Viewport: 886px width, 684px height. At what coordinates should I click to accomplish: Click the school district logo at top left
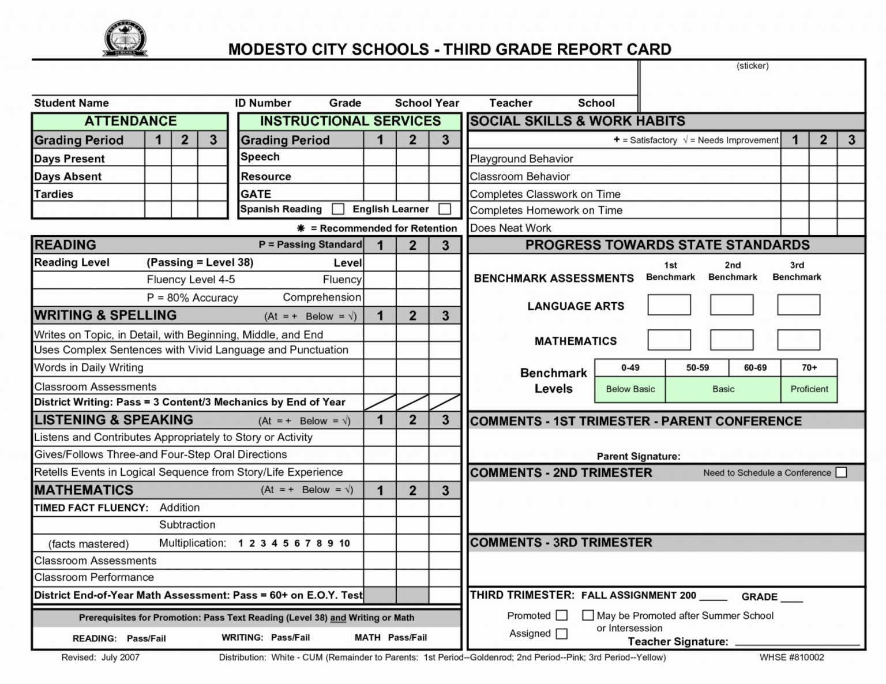pyautogui.click(x=125, y=39)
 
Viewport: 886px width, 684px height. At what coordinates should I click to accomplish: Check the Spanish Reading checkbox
pyautogui.click(x=338, y=209)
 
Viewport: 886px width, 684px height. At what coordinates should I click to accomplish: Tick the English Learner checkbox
pyautogui.click(x=445, y=209)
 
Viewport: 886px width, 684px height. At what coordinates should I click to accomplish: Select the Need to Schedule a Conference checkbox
pyautogui.click(x=841, y=472)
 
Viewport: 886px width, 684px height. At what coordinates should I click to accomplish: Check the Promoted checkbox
pyautogui.click(x=561, y=615)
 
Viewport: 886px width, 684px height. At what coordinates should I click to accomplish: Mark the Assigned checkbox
pyautogui.click(x=561, y=633)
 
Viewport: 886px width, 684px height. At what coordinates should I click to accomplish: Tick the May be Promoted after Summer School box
pyautogui.click(x=588, y=615)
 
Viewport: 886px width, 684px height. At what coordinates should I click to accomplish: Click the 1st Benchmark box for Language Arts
pyautogui.click(x=669, y=305)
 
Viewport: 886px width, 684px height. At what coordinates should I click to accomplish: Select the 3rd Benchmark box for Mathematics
pyautogui.click(x=798, y=340)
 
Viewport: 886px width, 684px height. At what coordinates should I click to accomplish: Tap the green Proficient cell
pyautogui.click(x=809, y=389)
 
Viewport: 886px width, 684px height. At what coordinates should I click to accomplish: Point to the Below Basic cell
pyautogui.click(x=630, y=389)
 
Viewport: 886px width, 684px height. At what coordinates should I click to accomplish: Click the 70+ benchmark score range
pyautogui.click(x=809, y=368)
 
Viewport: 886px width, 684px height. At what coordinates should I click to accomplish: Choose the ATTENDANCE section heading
pyautogui.click(x=130, y=121)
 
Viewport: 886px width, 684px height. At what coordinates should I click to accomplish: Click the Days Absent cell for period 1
pyautogui.click(x=157, y=176)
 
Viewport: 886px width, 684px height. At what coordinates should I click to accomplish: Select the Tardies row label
pyautogui.click(x=54, y=194)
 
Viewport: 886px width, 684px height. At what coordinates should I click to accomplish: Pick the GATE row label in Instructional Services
pyautogui.click(x=256, y=194)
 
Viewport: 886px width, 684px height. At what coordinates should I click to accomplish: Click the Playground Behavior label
pyautogui.click(x=521, y=159)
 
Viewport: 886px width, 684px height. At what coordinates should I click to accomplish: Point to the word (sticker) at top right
pyautogui.click(x=752, y=66)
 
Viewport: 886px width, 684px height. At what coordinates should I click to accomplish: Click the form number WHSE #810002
pyautogui.click(x=791, y=657)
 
